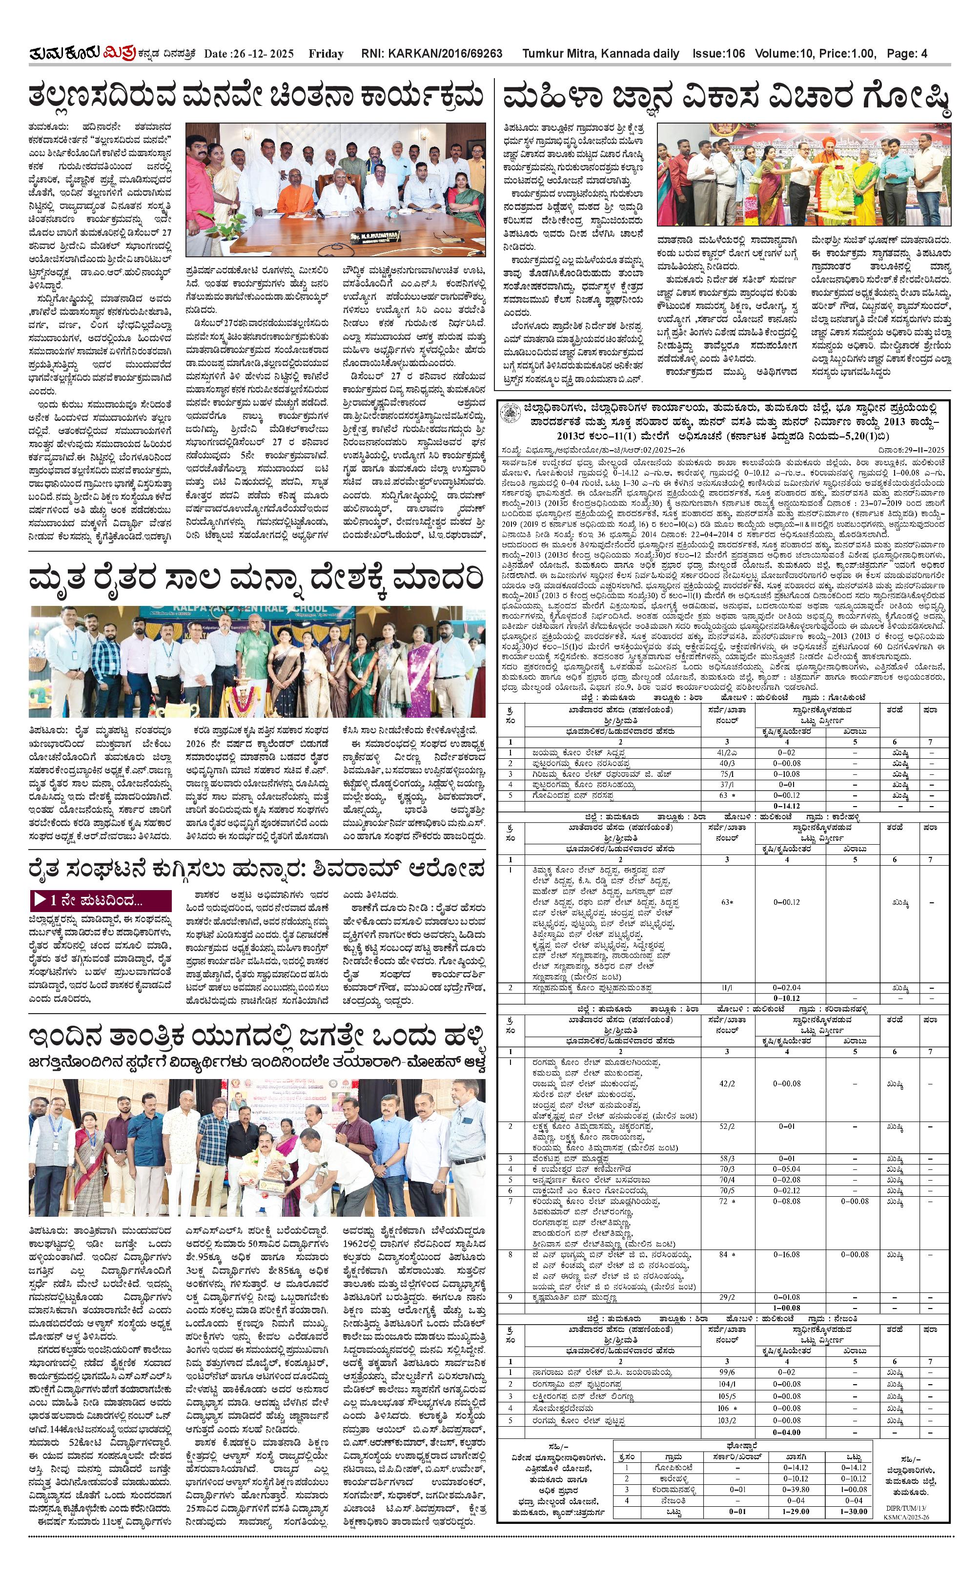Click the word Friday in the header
point(326,54)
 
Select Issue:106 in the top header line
point(718,54)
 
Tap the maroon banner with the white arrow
point(101,899)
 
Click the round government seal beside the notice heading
point(510,413)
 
